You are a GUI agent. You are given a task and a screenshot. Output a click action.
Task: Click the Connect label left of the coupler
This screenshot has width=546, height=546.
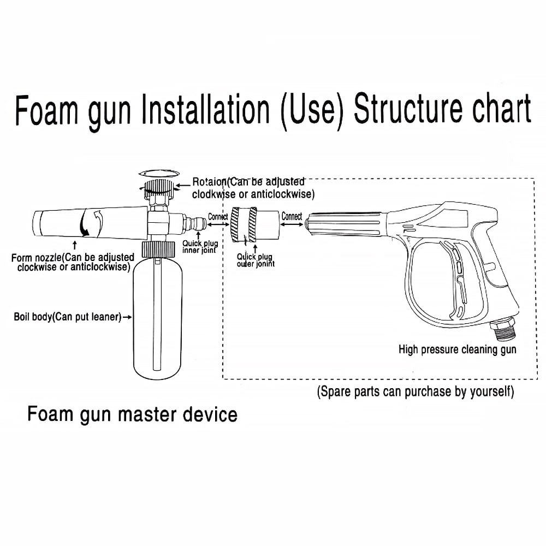218,217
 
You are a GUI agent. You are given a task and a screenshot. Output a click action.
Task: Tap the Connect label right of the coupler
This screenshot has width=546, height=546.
292,216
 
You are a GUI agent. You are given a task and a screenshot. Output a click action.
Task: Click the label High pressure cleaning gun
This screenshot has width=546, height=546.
457,349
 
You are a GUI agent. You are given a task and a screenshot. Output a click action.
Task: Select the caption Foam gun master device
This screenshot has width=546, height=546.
133,414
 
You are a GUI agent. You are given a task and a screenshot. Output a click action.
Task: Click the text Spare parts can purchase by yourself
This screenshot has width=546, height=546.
416,391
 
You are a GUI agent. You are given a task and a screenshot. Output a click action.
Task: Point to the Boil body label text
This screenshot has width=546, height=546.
67,317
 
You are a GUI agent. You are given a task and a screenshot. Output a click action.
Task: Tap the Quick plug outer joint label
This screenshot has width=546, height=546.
256,260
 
